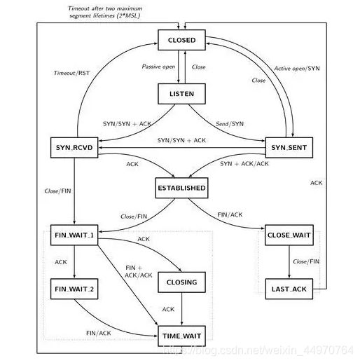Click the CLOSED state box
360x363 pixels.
182,41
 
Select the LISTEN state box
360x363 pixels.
182,93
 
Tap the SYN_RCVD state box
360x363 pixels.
74,147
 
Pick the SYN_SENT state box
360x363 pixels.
289,147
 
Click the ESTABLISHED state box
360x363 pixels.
182,188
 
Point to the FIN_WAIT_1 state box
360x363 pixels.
74,235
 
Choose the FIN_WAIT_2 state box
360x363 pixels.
74,289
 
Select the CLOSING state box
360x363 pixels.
182,283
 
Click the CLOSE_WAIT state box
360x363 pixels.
289,235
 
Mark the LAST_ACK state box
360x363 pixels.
289,289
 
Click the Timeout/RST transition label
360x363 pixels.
71,73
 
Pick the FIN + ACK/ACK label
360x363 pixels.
138,271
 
